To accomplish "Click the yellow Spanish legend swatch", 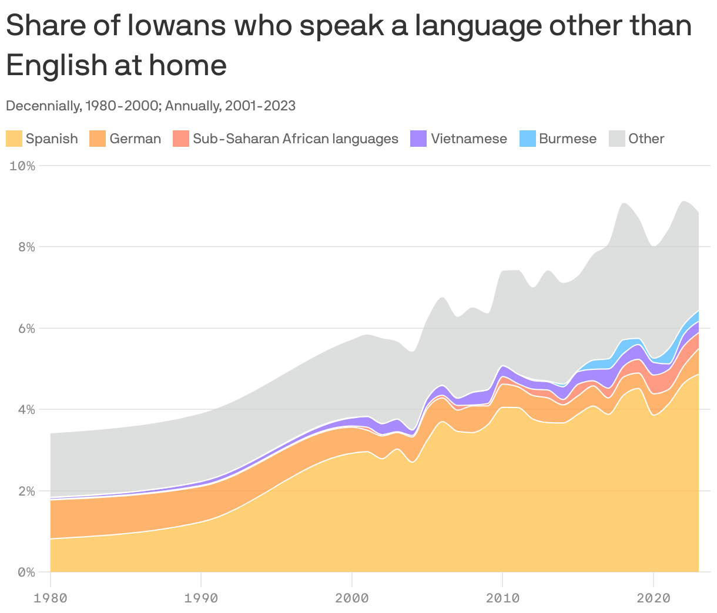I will pyautogui.click(x=14, y=139).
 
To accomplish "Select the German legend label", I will pyautogui.click(x=135, y=139).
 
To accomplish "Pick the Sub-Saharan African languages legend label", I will pyautogui.click(x=295, y=139).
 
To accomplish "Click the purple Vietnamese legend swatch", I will pyautogui.click(x=418, y=139).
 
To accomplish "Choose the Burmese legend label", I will pyautogui.click(x=567, y=139).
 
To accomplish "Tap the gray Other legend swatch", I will pyautogui.click(x=617, y=139).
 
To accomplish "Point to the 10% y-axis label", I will pyautogui.click(x=22, y=166).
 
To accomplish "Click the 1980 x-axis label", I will pyautogui.click(x=51, y=598).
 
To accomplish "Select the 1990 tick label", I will pyautogui.click(x=201, y=598).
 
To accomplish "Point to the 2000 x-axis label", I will pyautogui.click(x=351, y=598).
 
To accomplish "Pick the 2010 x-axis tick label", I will pyautogui.click(x=502, y=598).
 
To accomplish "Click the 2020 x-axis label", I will pyautogui.click(x=653, y=598).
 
